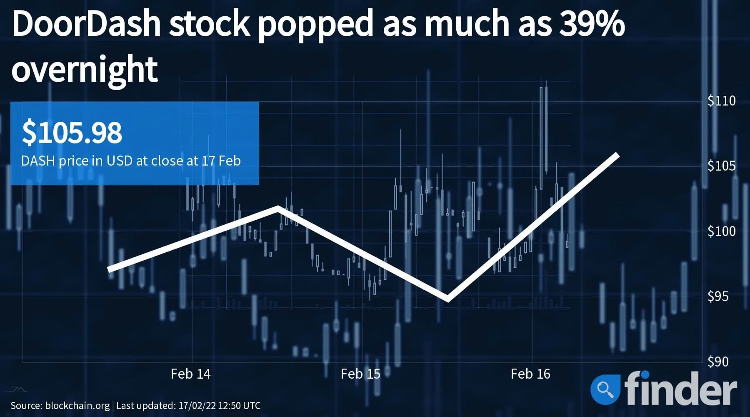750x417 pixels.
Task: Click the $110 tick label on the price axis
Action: pyautogui.click(x=721, y=100)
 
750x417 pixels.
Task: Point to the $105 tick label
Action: pyautogui.click(x=721, y=166)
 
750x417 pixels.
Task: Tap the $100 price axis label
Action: pyautogui.click(x=721, y=231)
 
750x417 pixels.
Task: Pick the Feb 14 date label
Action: pyautogui.click(x=190, y=374)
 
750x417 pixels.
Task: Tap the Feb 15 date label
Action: pyautogui.click(x=360, y=374)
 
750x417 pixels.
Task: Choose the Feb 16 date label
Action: pyautogui.click(x=530, y=374)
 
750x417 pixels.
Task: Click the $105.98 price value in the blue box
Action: pyautogui.click(x=72, y=133)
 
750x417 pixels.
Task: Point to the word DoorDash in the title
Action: pyautogui.click(x=87, y=24)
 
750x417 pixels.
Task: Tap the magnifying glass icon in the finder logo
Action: pyautogui.click(x=605, y=390)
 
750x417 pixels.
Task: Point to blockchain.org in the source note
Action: pyautogui.click(x=77, y=405)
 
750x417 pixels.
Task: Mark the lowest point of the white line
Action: pyautogui.click(x=447, y=299)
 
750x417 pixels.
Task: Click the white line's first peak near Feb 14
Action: pyautogui.click(x=278, y=208)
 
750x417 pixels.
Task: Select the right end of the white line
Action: pyautogui.click(x=618, y=155)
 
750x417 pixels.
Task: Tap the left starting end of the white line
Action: pyautogui.click(x=109, y=269)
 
